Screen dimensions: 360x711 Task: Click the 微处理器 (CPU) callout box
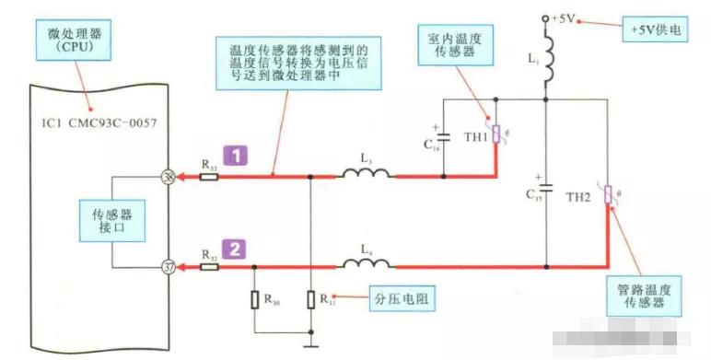pos(77,40)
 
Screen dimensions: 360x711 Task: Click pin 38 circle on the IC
pos(169,177)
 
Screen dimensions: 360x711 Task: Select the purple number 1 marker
pos(237,157)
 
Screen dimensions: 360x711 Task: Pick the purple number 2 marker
pos(237,247)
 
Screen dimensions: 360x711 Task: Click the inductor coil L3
pos(366,175)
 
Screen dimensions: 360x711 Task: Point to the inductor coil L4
pos(366,264)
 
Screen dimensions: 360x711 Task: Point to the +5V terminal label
pos(564,17)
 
